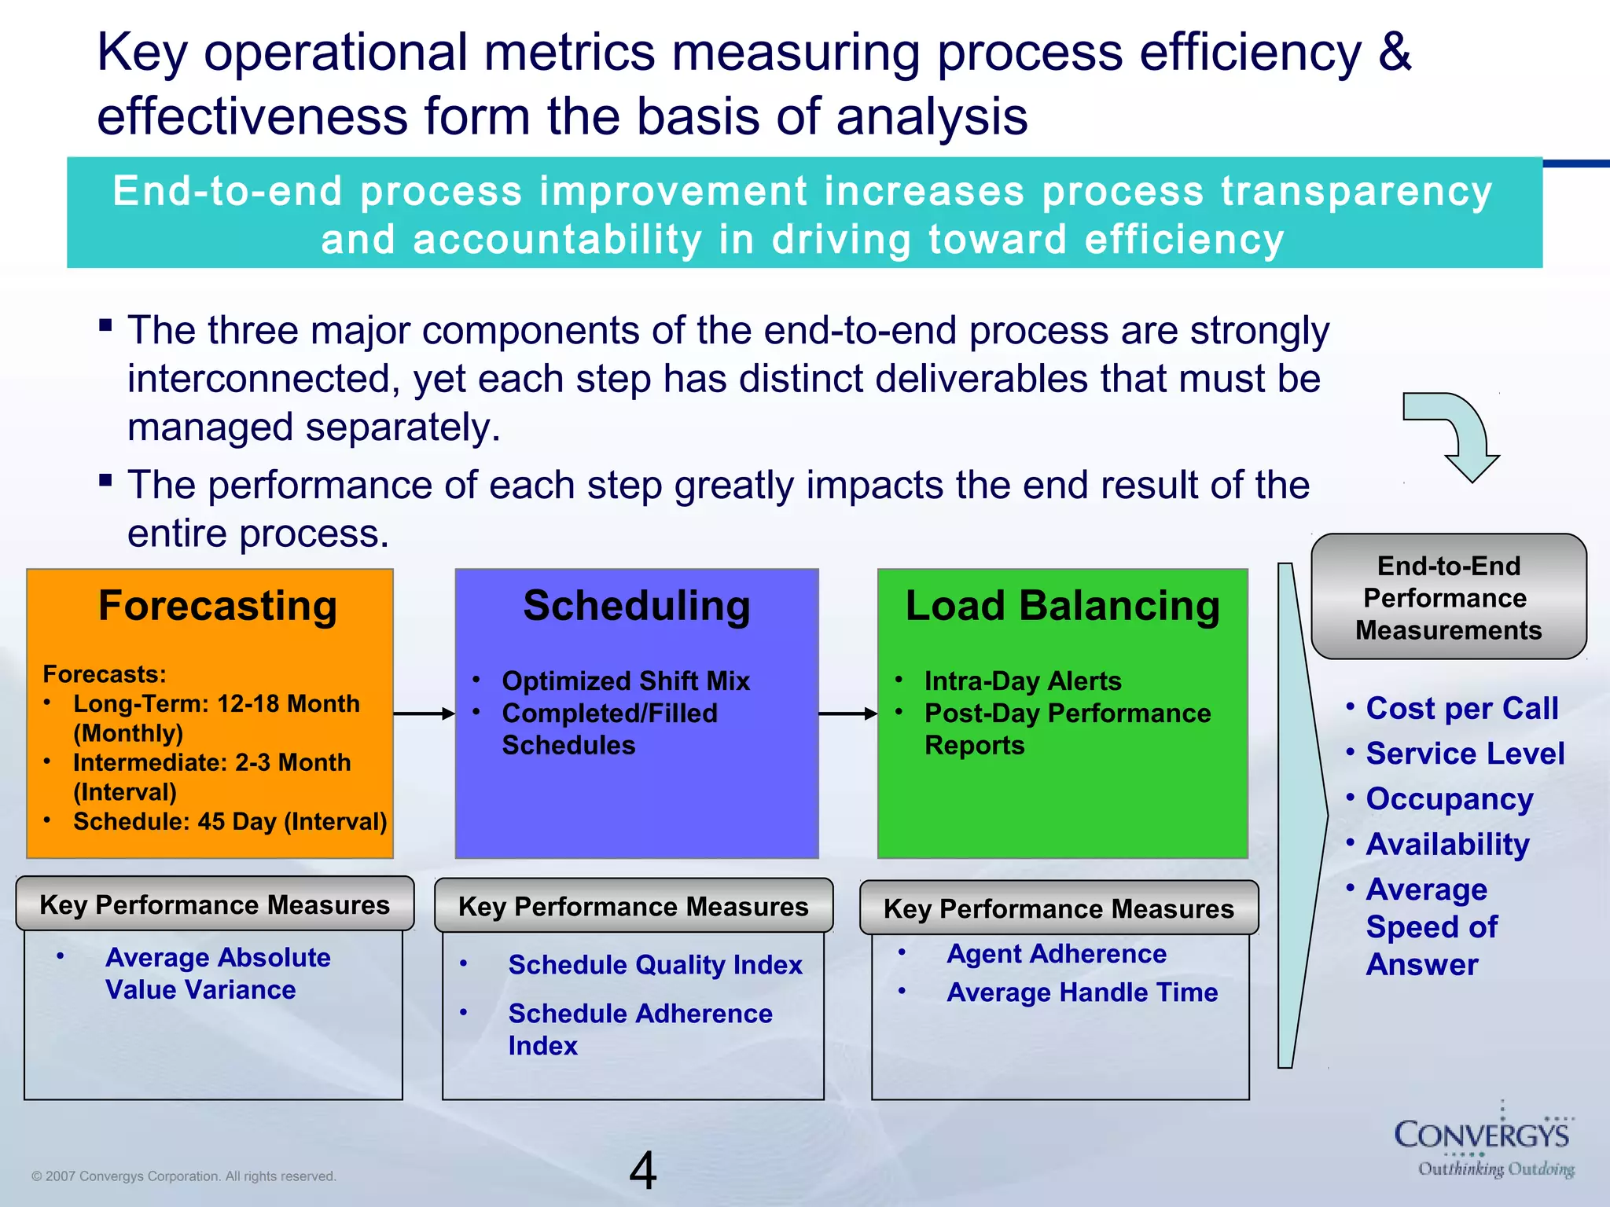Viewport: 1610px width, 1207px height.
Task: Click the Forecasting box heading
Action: (x=218, y=607)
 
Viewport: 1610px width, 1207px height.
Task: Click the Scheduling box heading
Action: (x=637, y=607)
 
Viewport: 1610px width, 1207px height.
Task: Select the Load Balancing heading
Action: (x=1062, y=607)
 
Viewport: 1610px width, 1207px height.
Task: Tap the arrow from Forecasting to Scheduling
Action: (x=424, y=714)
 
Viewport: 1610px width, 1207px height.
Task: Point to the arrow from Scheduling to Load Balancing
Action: (x=847, y=714)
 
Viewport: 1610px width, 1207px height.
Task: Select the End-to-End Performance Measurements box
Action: (x=1448, y=597)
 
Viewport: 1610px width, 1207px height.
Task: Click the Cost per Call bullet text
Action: (x=1461, y=708)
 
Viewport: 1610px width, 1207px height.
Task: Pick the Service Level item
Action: (x=1465, y=754)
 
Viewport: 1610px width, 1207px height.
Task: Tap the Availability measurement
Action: (x=1447, y=845)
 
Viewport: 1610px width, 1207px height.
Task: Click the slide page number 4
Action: (x=642, y=1171)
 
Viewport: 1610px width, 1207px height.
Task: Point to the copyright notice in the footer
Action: (x=184, y=1176)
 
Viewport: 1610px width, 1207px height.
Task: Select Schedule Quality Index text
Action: (x=655, y=965)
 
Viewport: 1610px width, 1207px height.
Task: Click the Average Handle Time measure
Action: (x=1082, y=992)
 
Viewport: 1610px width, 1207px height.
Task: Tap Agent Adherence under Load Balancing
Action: (x=1057, y=954)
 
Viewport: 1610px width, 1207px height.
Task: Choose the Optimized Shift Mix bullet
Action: (x=626, y=681)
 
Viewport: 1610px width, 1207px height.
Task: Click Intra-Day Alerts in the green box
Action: (x=1022, y=681)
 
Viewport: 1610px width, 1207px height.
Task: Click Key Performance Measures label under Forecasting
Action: (x=215, y=904)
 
